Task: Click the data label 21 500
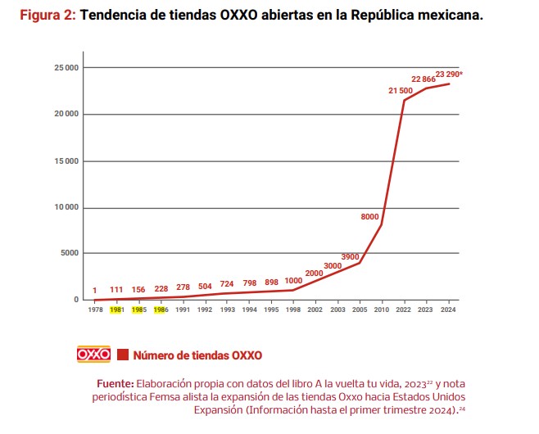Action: (x=401, y=90)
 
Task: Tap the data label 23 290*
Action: (x=450, y=74)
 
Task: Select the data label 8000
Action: (x=369, y=216)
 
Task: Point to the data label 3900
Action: (x=350, y=256)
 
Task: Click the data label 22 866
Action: (x=423, y=79)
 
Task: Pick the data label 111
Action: (x=117, y=290)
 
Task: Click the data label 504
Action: (x=205, y=287)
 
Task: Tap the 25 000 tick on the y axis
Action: (x=66, y=67)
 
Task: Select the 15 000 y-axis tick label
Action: (x=66, y=160)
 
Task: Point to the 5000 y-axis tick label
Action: (x=69, y=253)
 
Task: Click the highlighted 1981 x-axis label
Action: (x=117, y=310)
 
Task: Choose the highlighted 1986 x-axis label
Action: (x=161, y=310)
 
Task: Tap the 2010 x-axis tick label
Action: (x=381, y=310)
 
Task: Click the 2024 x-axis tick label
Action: (x=447, y=310)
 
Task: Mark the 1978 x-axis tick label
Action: (x=95, y=310)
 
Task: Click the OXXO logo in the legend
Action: (x=93, y=355)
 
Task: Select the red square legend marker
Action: (x=124, y=355)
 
